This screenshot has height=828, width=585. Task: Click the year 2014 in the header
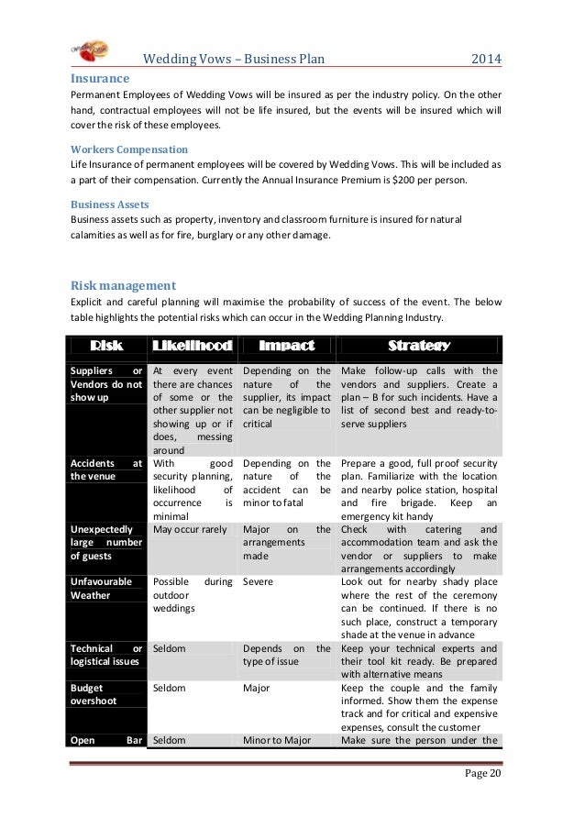pyautogui.click(x=487, y=61)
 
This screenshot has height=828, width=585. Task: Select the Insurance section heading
pyautogui.click(x=101, y=80)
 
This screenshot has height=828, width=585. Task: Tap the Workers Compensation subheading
pyautogui.click(x=129, y=149)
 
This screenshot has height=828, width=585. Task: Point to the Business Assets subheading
pyautogui.click(x=110, y=204)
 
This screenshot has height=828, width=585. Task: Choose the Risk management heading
pyautogui.click(x=123, y=284)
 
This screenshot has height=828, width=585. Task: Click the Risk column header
pyautogui.click(x=105, y=346)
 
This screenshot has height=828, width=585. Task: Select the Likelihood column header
pyautogui.click(x=192, y=346)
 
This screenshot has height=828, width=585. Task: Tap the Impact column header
pyautogui.click(x=286, y=346)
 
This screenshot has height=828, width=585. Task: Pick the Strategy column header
pyautogui.click(x=418, y=346)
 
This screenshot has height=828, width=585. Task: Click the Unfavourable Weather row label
pyautogui.click(x=102, y=588)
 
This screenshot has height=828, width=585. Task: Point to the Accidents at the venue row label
pyautogui.click(x=106, y=469)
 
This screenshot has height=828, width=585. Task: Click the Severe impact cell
pyautogui.click(x=258, y=581)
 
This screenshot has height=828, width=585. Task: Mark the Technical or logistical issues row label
pyautogui.click(x=106, y=654)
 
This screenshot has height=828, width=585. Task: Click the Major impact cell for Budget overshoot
pyautogui.click(x=258, y=687)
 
